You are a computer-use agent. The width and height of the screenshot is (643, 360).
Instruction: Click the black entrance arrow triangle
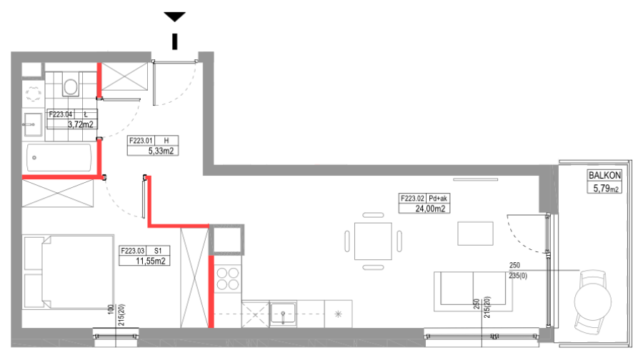pos(175,16)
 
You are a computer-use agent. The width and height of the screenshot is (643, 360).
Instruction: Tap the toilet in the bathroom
pos(71,85)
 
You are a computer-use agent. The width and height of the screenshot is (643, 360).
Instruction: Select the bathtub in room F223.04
pos(59,157)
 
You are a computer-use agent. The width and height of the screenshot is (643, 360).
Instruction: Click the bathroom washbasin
pos(32,124)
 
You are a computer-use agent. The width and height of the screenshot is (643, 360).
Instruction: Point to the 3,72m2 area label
pos(80,125)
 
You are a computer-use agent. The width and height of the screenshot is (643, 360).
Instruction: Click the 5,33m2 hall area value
pos(161,151)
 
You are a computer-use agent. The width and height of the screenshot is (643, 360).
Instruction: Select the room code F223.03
pos(132,251)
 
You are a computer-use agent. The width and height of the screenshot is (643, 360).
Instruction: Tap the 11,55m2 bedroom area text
pos(151,261)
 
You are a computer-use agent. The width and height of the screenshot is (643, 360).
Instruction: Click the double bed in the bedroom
pos(69,272)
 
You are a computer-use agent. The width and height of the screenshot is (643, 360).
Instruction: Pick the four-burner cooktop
pos(228,279)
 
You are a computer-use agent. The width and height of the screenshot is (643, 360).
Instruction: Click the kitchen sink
pos(283,314)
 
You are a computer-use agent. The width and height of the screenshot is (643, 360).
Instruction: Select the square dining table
pos(373,241)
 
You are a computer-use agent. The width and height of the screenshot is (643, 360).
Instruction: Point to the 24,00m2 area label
pos(430,209)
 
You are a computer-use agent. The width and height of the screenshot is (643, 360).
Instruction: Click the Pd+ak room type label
pos(437,199)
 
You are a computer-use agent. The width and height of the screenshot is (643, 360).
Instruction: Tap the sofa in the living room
pos(473,291)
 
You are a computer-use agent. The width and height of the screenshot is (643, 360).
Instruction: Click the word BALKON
pos(604,176)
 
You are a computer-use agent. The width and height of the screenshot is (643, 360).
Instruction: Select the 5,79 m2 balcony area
pos(606,189)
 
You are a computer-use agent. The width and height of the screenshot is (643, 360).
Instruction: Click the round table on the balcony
pos(592,301)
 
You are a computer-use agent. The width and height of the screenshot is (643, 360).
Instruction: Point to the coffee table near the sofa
pos(475,234)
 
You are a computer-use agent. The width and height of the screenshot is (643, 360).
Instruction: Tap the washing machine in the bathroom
pos(32,94)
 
